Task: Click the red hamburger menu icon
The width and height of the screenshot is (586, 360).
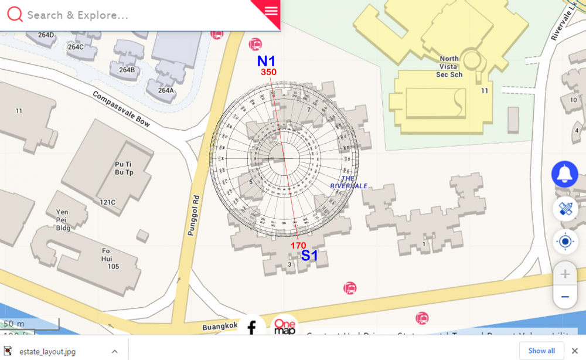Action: point(270,11)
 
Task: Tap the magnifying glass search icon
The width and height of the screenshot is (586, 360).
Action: point(15,15)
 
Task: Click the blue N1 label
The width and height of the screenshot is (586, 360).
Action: point(266,61)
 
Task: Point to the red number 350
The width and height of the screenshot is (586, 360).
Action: point(268,72)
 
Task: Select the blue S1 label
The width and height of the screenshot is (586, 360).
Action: point(309,255)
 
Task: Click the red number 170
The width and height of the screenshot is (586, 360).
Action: point(298,245)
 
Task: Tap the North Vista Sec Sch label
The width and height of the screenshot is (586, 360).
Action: point(449,66)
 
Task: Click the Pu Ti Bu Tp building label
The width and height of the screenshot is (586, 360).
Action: point(124,168)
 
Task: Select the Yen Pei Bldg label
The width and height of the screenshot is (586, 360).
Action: point(62,219)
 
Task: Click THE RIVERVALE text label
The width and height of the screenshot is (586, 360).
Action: point(349,182)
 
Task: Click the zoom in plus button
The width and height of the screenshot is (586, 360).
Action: point(565,274)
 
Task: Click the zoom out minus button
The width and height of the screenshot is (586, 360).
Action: point(565,297)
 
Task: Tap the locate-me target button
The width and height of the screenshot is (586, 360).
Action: point(565,241)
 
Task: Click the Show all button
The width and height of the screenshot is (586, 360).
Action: point(541,351)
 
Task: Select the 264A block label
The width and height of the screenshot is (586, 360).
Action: point(166,90)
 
